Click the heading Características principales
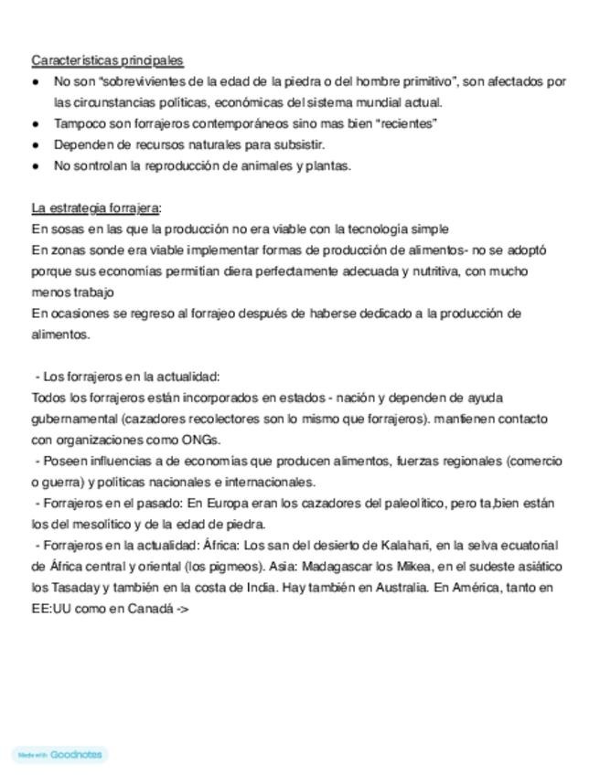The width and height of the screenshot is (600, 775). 107,60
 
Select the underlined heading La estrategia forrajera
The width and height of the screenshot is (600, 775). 95,207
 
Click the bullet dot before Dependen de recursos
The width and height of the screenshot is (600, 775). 36,144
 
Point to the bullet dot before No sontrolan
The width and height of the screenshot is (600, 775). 36,165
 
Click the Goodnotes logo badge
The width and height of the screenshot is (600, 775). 60,754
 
